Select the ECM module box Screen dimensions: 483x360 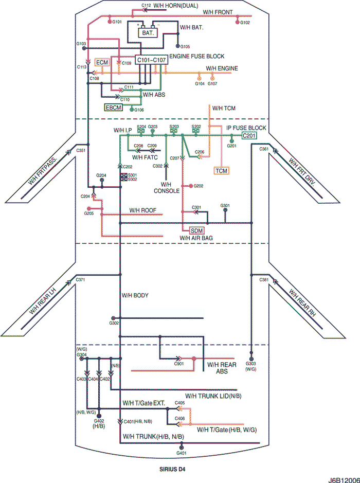[102, 62]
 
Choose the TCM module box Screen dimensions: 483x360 [222, 170]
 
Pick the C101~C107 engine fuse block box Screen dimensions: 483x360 [151, 61]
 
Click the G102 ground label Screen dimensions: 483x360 [245, 23]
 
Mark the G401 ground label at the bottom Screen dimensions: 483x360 [182, 453]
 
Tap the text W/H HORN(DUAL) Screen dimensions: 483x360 [171, 5]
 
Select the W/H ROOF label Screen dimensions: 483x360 [142, 210]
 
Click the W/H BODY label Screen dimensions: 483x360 [135, 295]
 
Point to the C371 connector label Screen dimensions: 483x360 [80, 279]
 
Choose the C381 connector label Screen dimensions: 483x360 [264, 279]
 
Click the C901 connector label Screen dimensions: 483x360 [179, 364]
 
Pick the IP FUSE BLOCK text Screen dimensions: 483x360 [246, 127]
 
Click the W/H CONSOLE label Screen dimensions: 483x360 [166, 187]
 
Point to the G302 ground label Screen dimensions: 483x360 [114, 323]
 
